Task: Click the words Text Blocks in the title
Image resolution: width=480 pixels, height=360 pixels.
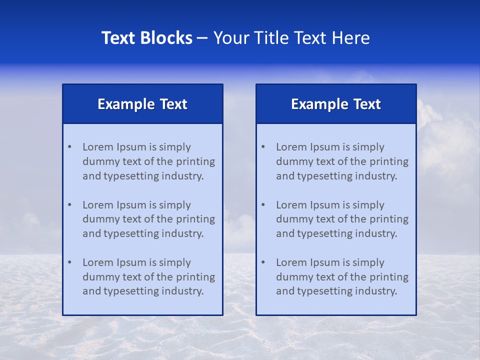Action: coord(146,38)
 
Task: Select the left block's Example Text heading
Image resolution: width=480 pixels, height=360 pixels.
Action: coord(142,104)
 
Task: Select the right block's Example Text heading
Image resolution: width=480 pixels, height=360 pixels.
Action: coord(336,104)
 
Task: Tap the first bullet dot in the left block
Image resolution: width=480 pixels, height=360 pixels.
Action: coord(69,147)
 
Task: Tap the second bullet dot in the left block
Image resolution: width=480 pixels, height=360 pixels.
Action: coord(69,205)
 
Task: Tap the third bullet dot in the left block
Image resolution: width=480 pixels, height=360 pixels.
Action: coord(69,262)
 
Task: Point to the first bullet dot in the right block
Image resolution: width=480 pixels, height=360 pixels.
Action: coord(263,147)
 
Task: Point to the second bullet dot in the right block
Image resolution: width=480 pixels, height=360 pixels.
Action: coord(263,205)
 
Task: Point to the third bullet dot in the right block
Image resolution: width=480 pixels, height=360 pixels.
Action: coord(263,262)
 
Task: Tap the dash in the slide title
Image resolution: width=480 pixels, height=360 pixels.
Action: coord(202,38)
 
